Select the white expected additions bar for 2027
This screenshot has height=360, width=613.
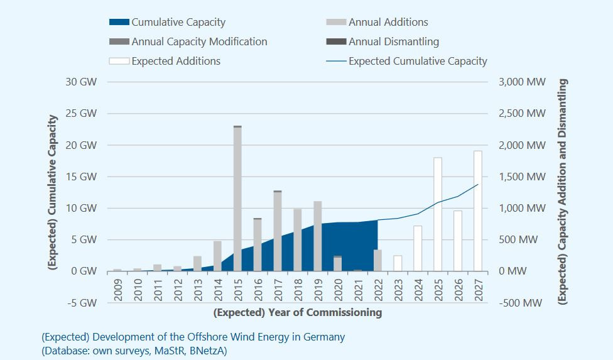tap(478, 211)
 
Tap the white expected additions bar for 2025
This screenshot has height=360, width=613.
tap(437, 214)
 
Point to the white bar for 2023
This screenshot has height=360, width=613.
tap(398, 263)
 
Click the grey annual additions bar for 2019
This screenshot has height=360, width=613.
tap(318, 236)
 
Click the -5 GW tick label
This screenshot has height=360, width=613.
tap(84, 303)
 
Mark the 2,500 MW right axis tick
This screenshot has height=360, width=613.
tap(521, 114)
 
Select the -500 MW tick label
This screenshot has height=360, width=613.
tap(519, 303)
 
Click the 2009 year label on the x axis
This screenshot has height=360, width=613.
tap(117, 290)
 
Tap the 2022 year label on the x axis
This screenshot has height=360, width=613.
tap(377, 290)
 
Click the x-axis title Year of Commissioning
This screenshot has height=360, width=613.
tap(297, 312)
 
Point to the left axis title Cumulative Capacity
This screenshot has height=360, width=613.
tap(54, 192)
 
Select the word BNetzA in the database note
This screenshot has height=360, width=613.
tap(205, 351)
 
